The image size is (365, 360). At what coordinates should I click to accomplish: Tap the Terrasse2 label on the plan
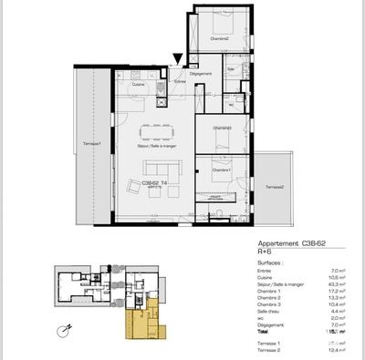coord(275,187)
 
